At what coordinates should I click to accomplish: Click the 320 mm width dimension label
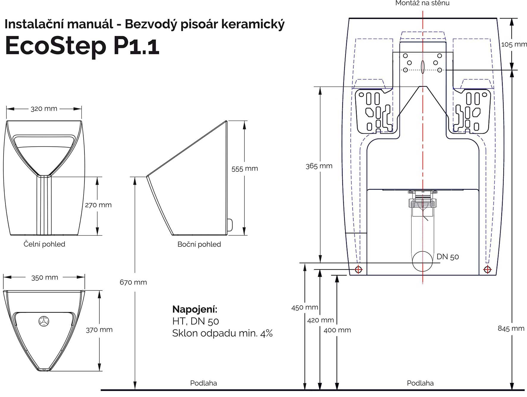pyautogui.click(x=44, y=109)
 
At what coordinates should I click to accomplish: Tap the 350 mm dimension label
pyautogui.click(x=45, y=277)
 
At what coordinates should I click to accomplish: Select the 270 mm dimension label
pyautogui.click(x=98, y=205)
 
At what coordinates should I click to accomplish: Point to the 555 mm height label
pyautogui.click(x=244, y=168)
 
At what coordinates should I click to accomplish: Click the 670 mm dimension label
pyautogui.click(x=133, y=282)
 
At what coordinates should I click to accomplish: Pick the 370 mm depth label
pyautogui.click(x=99, y=329)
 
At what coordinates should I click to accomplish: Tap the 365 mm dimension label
pyautogui.click(x=319, y=166)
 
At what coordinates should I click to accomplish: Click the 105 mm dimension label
pyautogui.click(x=514, y=44)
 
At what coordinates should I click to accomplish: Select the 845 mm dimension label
pyautogui.click(x=511, y=328)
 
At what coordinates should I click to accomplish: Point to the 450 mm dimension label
pyautogui.click(x=305, y=307)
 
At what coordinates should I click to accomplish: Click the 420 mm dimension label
pyautogui.click(x=320, y=320)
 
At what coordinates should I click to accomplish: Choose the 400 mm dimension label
pyautogui.click(x=337, y=330)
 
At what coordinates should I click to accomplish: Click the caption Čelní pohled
pyautogui.click(x=44, y=244)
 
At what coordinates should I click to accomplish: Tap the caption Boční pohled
pyautogui.click(x=199, y=244)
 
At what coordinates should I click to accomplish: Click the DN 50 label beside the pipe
pyautogui.click(x=448, y=257)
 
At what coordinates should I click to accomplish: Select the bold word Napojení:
pyautogui.click(x=195, y=309)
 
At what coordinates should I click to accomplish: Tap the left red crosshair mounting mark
pyautogui.click(x=359, y=270)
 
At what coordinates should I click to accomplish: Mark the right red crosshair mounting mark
pyautogui.click(x=487, y=270)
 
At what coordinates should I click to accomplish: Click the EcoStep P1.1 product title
pyautogui.click(x=82, y=46)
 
